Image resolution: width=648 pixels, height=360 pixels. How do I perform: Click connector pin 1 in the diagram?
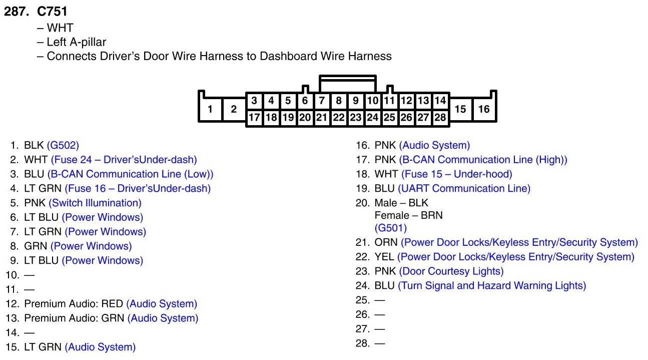[210, 109]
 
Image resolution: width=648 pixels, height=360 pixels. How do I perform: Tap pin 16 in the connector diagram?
[483, 109]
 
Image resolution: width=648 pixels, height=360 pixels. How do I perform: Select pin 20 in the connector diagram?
[305, 118]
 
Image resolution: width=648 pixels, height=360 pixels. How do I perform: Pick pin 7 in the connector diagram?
[322, 101]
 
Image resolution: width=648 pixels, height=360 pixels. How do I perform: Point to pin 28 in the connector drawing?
[440, 118]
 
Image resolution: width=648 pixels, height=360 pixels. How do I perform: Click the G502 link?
[63, 145]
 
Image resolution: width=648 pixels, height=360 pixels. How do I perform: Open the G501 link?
[391, 228]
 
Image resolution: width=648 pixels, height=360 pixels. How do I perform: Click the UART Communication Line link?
[464, 188]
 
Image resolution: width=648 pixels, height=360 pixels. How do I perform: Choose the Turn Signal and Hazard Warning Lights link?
[492, 285]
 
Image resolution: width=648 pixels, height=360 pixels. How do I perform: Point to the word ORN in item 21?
[386, 242]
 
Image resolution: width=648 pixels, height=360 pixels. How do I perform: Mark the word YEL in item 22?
[384, 257]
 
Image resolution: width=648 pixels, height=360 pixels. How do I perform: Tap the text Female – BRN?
[408, 215]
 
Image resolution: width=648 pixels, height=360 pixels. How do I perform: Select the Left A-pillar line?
[76, 42]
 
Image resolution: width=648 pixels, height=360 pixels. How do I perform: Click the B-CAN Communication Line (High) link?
[483, 160]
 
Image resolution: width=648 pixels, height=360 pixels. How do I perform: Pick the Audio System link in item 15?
[100, 346]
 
